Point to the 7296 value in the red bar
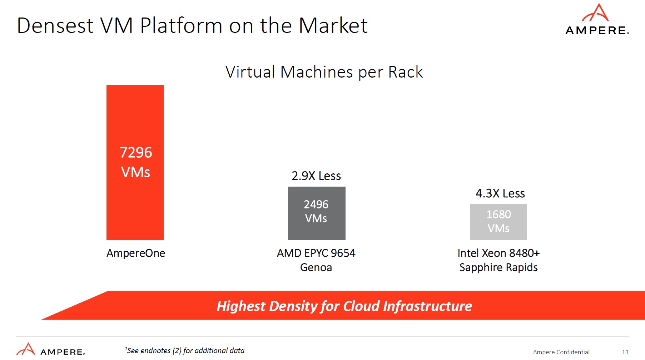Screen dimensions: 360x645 (x=136, y=153)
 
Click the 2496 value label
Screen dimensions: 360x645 (x=316, y=204)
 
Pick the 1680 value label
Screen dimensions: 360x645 (x=498, y=214)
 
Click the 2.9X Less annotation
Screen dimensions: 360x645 (x=316, y=176)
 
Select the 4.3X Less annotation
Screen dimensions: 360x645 (x=500, y=193)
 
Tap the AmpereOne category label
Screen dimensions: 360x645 (x=136, y=253)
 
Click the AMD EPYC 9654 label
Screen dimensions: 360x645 (x=316, y=253)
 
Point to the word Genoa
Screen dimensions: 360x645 (x=316, y=267)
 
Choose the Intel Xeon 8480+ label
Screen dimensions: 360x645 (x=498, y=253)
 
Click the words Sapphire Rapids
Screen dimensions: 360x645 (x=498, y=267)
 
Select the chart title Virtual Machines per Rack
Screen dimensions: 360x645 (x=324, y=72)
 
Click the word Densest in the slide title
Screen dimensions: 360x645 (x=55, y=26)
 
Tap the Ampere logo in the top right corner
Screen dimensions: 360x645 (x=597, y=20)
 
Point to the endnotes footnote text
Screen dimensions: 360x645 (x=185, y=351)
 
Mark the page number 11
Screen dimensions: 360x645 (x=625, y=352)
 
